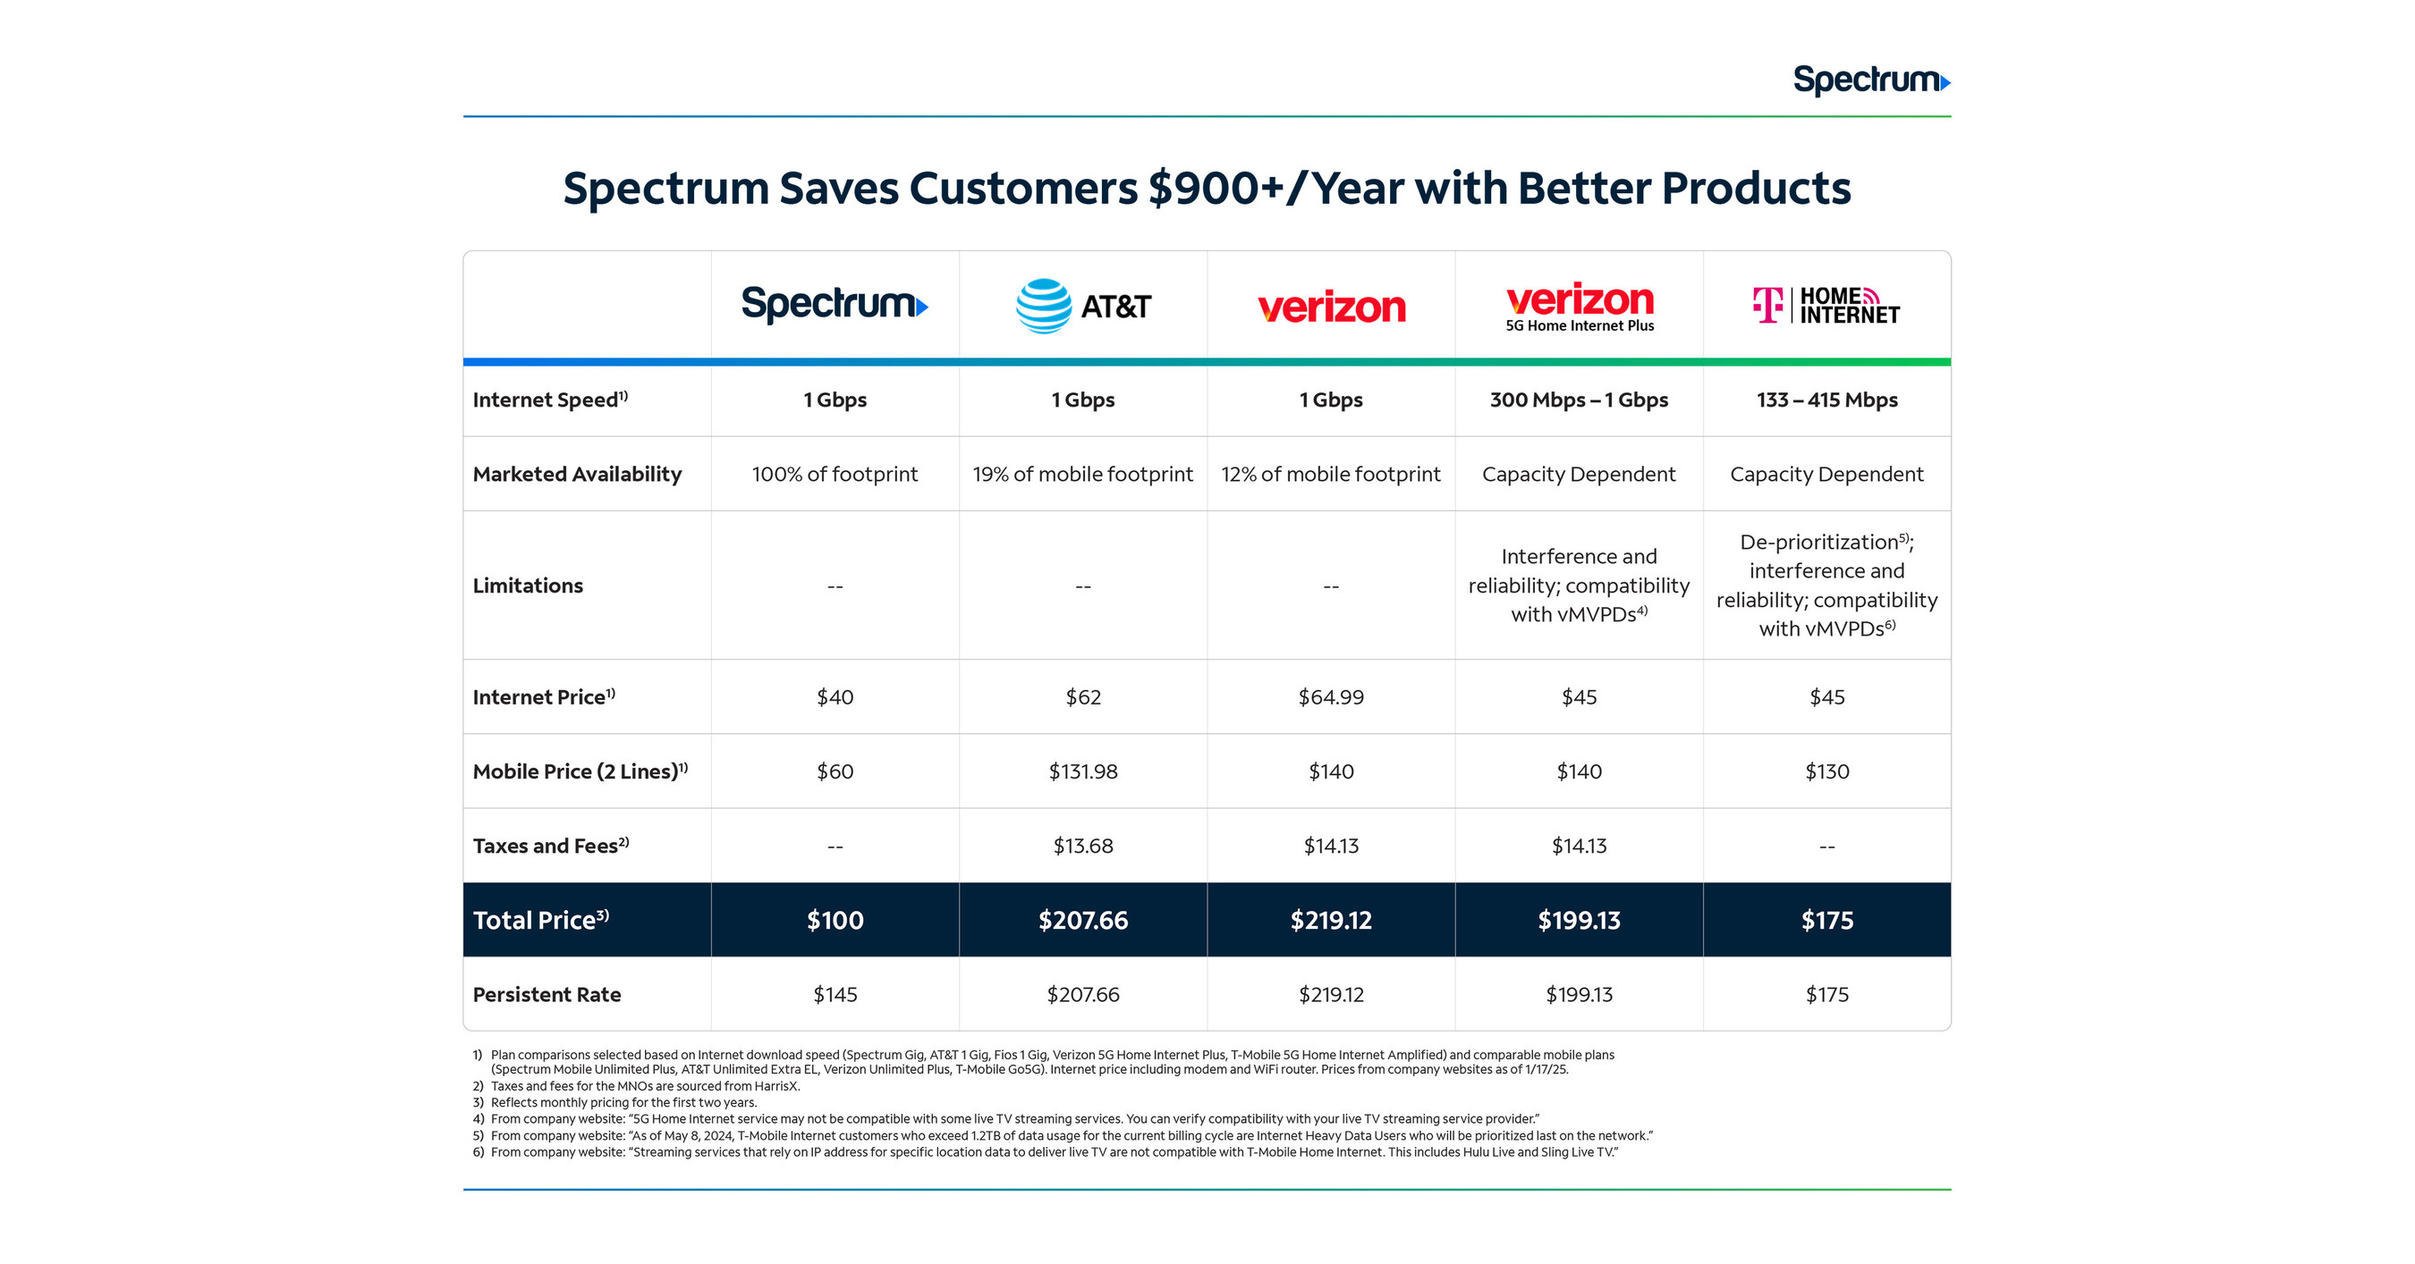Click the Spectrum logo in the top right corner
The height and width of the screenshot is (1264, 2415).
(x=1870, y=80)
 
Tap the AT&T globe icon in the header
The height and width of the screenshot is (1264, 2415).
(x=1044, y=306)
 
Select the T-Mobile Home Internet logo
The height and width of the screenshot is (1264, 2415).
(x=1826, y=306)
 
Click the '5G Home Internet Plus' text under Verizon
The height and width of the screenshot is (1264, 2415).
(x=1579, y=326)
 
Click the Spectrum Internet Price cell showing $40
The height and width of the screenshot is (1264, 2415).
(x=835, y=697)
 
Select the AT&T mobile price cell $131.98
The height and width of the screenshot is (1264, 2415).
(x=1083, y=771)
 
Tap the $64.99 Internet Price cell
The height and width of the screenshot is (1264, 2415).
(x=1330, y=697)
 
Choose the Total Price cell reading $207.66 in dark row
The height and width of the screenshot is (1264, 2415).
(x=1083, y=920)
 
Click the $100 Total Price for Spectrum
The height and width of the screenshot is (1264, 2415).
(x=835, y=920)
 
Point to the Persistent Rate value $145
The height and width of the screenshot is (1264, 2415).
(x=835, y=994)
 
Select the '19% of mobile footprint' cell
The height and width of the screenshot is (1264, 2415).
(x=1083, y=474)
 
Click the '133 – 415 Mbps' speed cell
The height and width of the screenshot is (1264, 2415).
(x=1826, y=400)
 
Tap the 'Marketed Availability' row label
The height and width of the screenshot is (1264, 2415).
(x=577, y=474)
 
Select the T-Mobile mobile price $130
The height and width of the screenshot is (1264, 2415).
(x=1826, y=771)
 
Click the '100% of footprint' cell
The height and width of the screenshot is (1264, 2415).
(x=835, y=474)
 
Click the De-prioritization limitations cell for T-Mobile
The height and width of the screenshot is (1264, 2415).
(x=1826, y=585)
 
